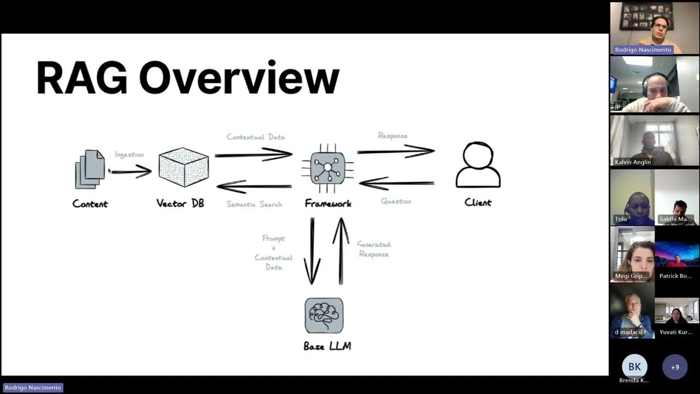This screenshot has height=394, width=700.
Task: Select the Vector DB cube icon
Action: tap(183, 167)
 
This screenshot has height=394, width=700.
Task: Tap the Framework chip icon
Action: tap(328, 167)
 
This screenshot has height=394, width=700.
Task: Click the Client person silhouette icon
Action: tap(478, 165)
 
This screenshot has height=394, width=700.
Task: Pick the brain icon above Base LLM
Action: tap(324, 315)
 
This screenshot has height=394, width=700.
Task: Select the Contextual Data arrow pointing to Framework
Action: tap(253, 155)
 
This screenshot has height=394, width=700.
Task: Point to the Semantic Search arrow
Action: tap(254, 187)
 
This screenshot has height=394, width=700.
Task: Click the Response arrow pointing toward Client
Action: tap(395, 151)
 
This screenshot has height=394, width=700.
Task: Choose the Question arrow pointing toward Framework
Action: tap(396, 183)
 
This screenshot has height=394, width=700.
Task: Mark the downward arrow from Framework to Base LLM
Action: tap(312, 251)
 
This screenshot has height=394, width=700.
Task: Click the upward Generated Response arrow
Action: tap(341, 251)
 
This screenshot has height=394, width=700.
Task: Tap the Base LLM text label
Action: tap(327, 346)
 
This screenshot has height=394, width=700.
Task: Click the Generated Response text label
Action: tap(374, 250)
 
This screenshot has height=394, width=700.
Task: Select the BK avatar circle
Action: tap(634, 367)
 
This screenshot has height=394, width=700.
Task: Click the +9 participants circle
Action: tap(675, 367)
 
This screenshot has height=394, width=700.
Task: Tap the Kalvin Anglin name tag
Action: tap(633, 162)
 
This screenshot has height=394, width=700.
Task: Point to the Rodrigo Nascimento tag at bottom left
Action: tap(33, 387)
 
